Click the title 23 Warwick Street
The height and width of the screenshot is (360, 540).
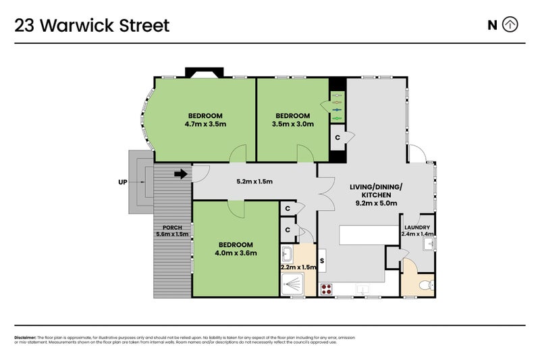[92, 26]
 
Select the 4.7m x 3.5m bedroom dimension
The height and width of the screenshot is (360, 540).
[205, 124]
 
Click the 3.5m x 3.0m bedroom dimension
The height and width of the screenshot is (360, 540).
[292, 124]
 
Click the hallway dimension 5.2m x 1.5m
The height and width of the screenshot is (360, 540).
[254, 182]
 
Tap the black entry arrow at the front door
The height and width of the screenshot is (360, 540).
[180, 174]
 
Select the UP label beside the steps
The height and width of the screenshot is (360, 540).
[122, 182]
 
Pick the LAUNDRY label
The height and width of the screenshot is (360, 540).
[416, 227]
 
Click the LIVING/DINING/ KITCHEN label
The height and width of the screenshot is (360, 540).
[375, 190]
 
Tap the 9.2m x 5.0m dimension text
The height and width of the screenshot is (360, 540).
[375, 203]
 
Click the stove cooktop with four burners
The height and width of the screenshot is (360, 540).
[327, 290]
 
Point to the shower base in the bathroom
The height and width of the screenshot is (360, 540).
[293, 286]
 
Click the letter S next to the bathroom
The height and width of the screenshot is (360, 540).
[323, 260]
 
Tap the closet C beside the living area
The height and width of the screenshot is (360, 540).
[337, 138]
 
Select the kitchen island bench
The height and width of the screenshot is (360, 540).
[367, 235]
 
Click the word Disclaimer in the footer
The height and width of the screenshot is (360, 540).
[26, 337]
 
